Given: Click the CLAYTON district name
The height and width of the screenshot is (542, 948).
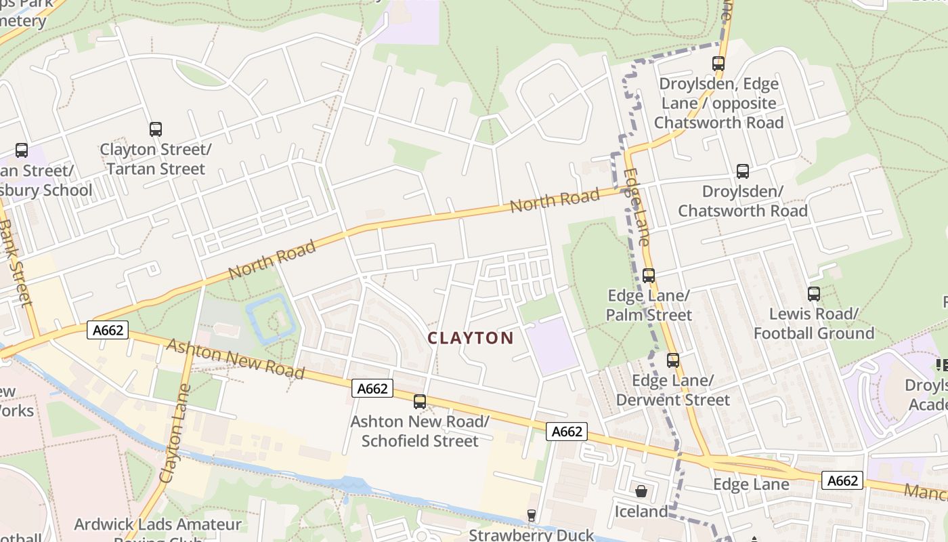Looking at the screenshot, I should (471, 337).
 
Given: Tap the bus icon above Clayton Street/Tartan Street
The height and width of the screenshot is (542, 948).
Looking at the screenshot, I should (156, 129).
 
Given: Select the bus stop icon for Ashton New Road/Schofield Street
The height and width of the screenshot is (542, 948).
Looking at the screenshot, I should (420, 401).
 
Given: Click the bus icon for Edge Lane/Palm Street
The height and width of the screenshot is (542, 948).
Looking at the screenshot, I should (649, 275).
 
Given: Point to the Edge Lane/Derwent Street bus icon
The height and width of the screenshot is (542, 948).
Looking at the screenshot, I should (672, 360).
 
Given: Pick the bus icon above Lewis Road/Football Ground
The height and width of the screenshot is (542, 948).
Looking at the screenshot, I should (814, 293).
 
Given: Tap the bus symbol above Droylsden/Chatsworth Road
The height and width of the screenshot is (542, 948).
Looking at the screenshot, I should (743, 171).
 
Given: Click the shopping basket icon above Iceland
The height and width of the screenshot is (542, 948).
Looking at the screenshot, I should (641, 491).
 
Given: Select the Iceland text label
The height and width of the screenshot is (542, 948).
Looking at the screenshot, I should (641, 511).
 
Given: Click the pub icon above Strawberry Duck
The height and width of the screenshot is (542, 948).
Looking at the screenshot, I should (532, 516).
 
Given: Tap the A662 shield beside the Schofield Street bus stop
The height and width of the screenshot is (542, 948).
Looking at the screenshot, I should (372, 388).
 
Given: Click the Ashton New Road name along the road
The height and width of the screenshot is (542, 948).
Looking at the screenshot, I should (235, 358).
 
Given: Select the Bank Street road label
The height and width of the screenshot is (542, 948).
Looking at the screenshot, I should (15, 261).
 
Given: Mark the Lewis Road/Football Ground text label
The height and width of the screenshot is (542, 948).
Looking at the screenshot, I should (814, 323).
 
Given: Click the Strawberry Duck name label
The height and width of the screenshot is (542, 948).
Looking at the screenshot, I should (532, 535).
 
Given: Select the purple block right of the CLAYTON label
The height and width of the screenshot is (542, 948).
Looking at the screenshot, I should (552, 346).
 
